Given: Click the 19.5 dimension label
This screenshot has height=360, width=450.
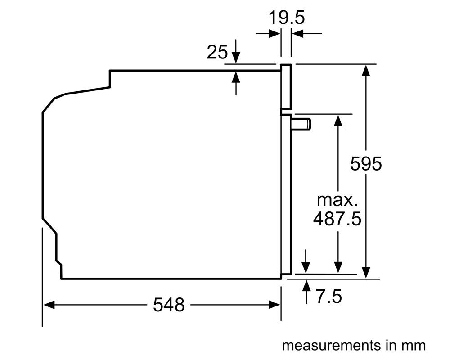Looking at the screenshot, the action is [x=286, y=18].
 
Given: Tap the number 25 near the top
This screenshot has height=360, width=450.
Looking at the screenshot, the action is [x=217, y=52].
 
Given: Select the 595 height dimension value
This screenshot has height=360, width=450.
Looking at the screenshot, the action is [x=366, y=164].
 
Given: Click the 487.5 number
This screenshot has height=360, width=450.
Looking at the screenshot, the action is [x=337, y=219].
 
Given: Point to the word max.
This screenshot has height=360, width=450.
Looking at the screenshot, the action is [x=337, y=200].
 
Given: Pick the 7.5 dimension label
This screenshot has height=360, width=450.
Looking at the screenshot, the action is [x=329, y=297].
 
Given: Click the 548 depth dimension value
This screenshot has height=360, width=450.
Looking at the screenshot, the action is [x=169, y=305].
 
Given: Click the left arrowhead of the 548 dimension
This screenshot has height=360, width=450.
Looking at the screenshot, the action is [x=49, y=305].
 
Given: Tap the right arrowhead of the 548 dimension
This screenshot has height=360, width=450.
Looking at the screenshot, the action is [x=274, y=305].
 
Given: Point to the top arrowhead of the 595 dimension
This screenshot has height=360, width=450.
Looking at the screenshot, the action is [x=366, y=71].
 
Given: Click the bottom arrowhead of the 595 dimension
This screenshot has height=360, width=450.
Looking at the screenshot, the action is [x=366, y=272].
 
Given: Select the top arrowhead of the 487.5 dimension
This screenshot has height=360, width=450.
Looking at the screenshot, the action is [x=338, y=120].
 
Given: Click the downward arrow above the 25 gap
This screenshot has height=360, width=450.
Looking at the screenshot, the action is [x=236, y=51].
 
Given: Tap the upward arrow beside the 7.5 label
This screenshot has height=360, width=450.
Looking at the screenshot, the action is [x=306, y=292].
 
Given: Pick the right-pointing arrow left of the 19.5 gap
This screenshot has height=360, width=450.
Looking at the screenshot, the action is [x=268, y=34].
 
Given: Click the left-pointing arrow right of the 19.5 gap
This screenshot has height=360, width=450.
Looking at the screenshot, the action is [x=306, y=34].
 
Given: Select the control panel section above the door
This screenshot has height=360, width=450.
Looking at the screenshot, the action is [x=286, y=87].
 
